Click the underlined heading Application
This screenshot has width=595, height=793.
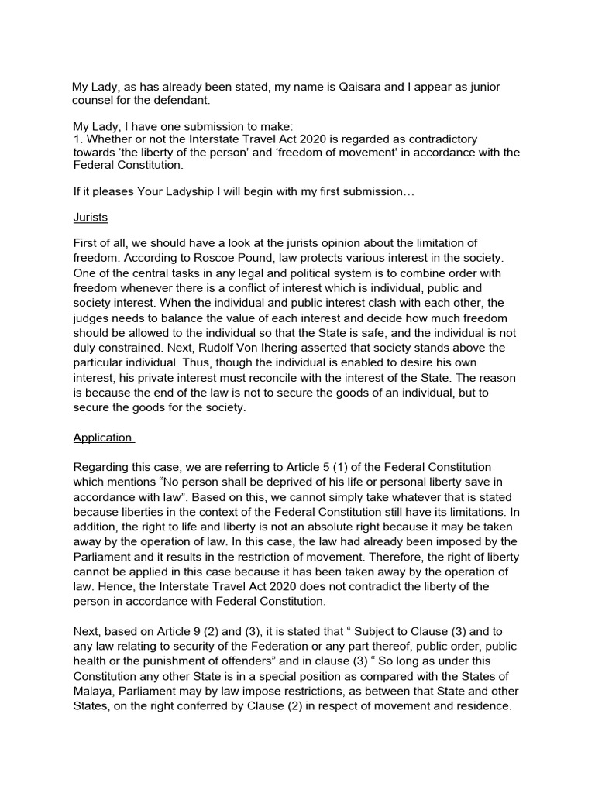click(x=103, y=438)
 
